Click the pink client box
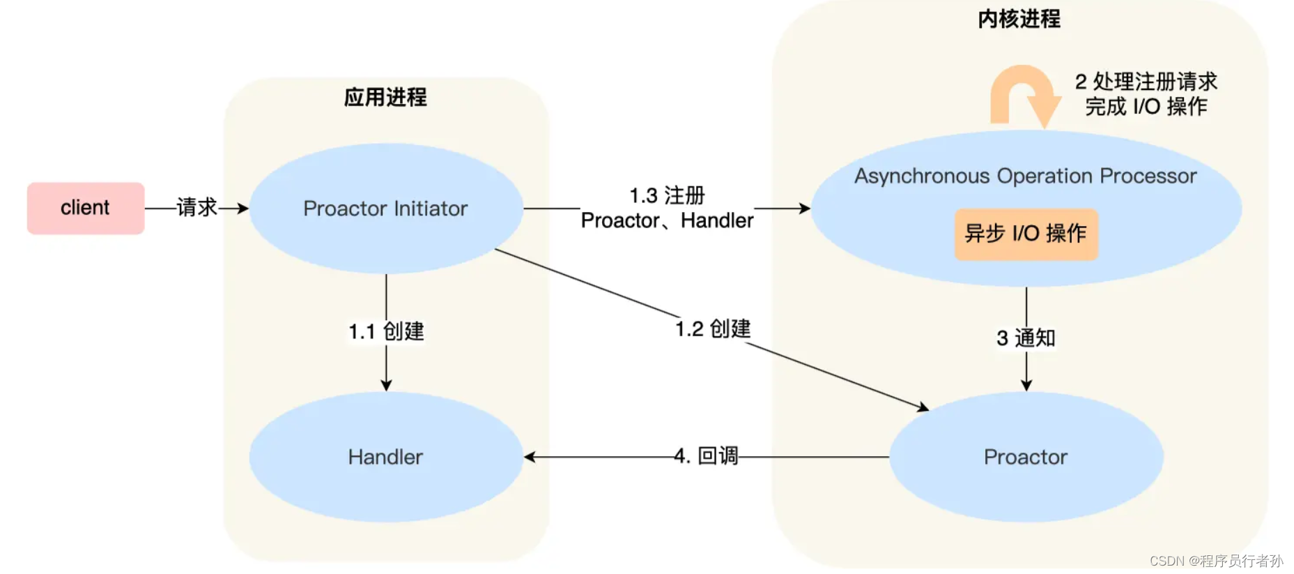pyautogui.click(x=85, y=208)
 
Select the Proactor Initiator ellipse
pyautogui.click(x=385, y=208)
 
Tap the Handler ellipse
pyautogui.click(x=385, y=457)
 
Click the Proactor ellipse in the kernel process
pyautogui.click(x=1025, y=457)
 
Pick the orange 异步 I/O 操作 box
pyautogui.click(x=1025, y=234)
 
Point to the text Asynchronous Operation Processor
pyautogui.click(x=1025, y=176)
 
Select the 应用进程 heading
pyautogui.click(x=385, y=97)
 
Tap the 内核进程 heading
pyautogui.click(x=1019, y=19)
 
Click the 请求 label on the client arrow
pyautogui.click(x=197, y=207)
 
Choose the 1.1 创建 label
pyautogui.click(x=386, y=331)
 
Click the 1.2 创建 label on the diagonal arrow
pyautogui.click(x=713, y=328)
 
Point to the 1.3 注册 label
pyautogui.click(x=667, y=195)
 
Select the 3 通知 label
pyautogui.click(x=1026, y=338)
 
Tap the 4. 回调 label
pyautogui.click(x=706, y=456)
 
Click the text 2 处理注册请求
pyautogui.click(x=1146, y=82)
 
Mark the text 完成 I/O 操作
pyautogui.click(x=1146, y=107)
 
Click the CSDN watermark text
pyautogui.click(x=1216, y=561)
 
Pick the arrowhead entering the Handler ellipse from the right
pyautogui.click(x=530, y=457)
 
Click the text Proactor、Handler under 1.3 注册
pyautogui.click(x=667, y=220)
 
